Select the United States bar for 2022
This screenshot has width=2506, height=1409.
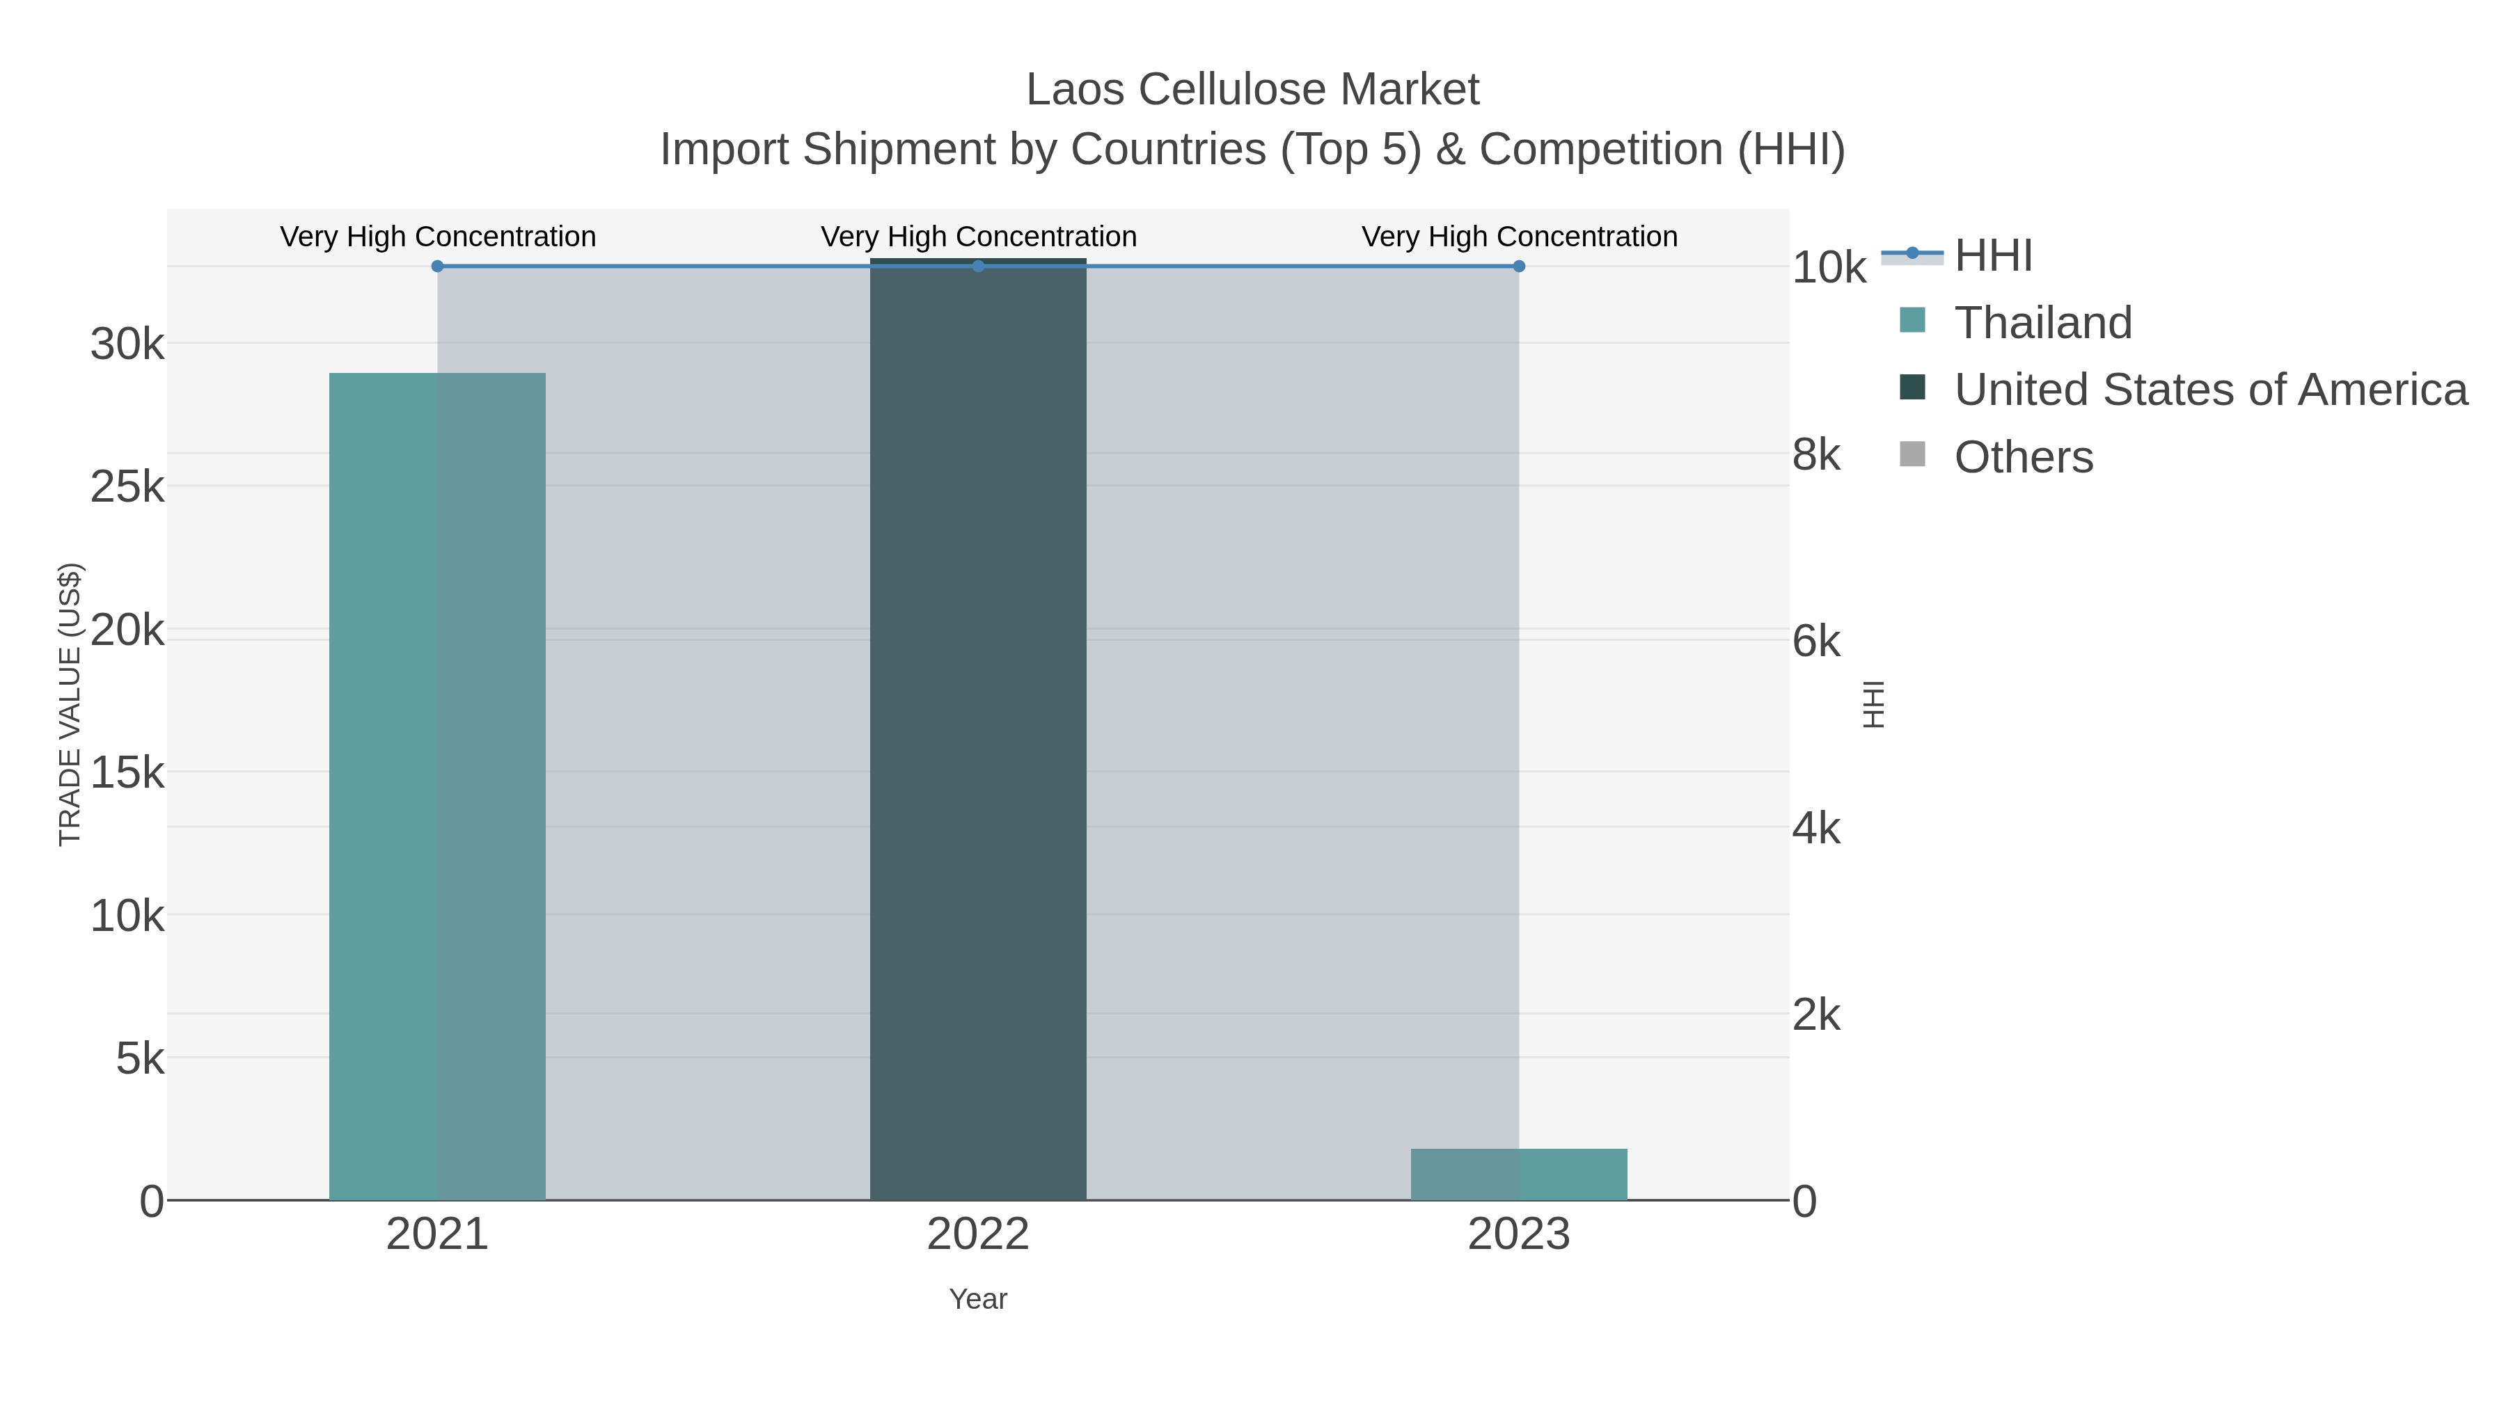click(x=978, y=729)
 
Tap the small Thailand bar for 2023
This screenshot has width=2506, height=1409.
click(x=1519, y=1174)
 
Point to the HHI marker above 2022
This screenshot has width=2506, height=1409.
click(x=978, y=266)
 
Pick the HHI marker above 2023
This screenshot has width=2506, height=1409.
click(x=1519, y=266)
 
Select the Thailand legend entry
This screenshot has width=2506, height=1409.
click(x=2042, y=323)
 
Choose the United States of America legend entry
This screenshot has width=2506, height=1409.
click(x=2209, y=390)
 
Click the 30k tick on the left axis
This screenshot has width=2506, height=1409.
click(x=127, y=344)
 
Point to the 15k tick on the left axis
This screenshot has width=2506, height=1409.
click(x=127, y=773)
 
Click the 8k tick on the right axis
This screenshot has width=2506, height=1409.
click(x=1816, y=454)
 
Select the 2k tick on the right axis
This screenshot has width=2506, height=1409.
click(x=1816, y=1015)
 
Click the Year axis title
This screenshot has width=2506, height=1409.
click(x=978, y=1299)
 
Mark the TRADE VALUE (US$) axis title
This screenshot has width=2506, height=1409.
click(x=70, y=704)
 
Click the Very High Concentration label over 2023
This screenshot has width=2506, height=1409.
click(x=1519, y=237)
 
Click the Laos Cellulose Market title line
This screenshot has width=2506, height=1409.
click(x=1252, y=90)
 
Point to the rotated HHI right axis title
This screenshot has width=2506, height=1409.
click(x=1873, y=704)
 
